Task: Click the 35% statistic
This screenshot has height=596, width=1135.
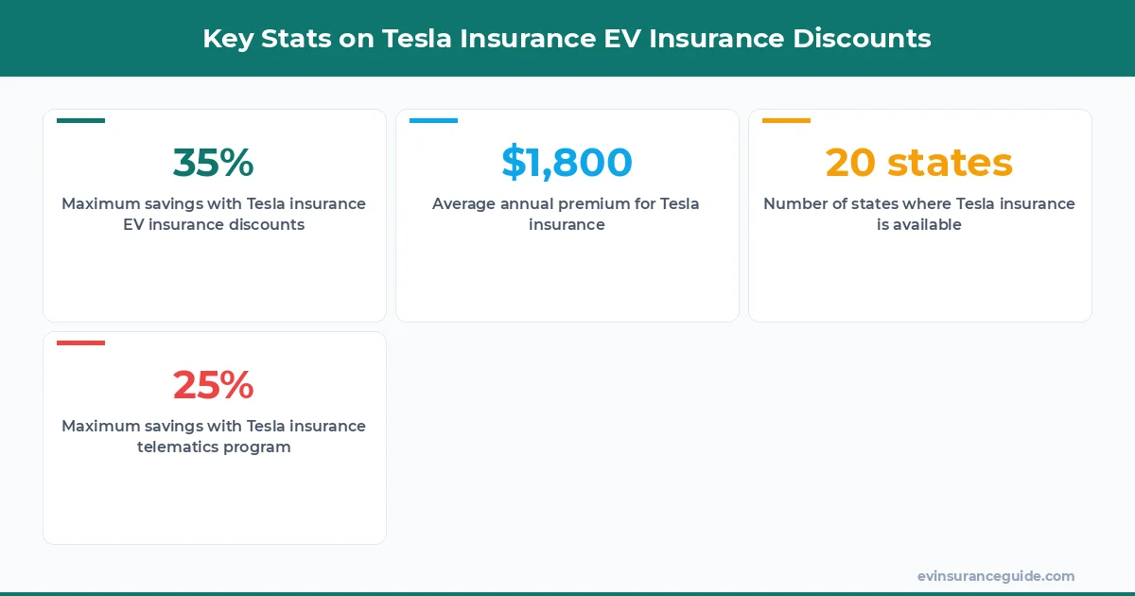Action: point(213,163)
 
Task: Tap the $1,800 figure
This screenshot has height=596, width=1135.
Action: point(567,163)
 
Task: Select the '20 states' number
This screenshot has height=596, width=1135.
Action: point(918,163)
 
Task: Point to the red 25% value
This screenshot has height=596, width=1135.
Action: point(213,385)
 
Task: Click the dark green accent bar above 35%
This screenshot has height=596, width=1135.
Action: point(80,121)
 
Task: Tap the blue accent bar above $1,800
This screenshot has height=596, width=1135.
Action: point(433,121)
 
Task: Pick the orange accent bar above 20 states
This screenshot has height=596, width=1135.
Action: point(786,121)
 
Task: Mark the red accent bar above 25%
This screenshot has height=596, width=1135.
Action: point(80,342)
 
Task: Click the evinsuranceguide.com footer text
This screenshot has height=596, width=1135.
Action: point(995,576)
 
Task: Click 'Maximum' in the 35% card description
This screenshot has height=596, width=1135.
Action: point(100,203)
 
